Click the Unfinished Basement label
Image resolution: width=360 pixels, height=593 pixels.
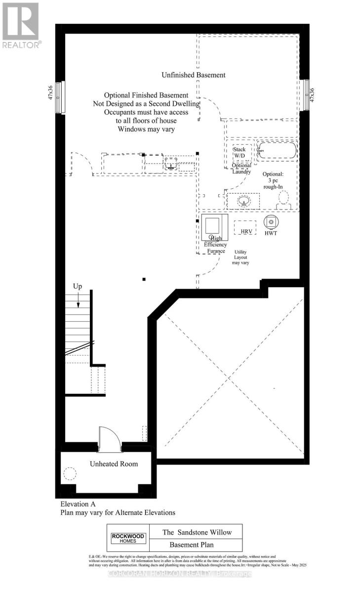point(194,75)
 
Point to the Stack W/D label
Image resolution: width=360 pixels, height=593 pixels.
point(239,152)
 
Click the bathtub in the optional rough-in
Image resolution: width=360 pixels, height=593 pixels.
point(277,151)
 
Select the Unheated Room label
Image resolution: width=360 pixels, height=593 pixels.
point(114,464)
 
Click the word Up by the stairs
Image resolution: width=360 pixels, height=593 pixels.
point(78,286)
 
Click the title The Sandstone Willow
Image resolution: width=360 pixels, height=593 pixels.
point(197,532)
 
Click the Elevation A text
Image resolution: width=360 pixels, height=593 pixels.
point(78,505)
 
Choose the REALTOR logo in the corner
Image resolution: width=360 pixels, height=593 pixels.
point(21,25)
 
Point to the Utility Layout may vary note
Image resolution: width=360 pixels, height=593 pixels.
point(240,257)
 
